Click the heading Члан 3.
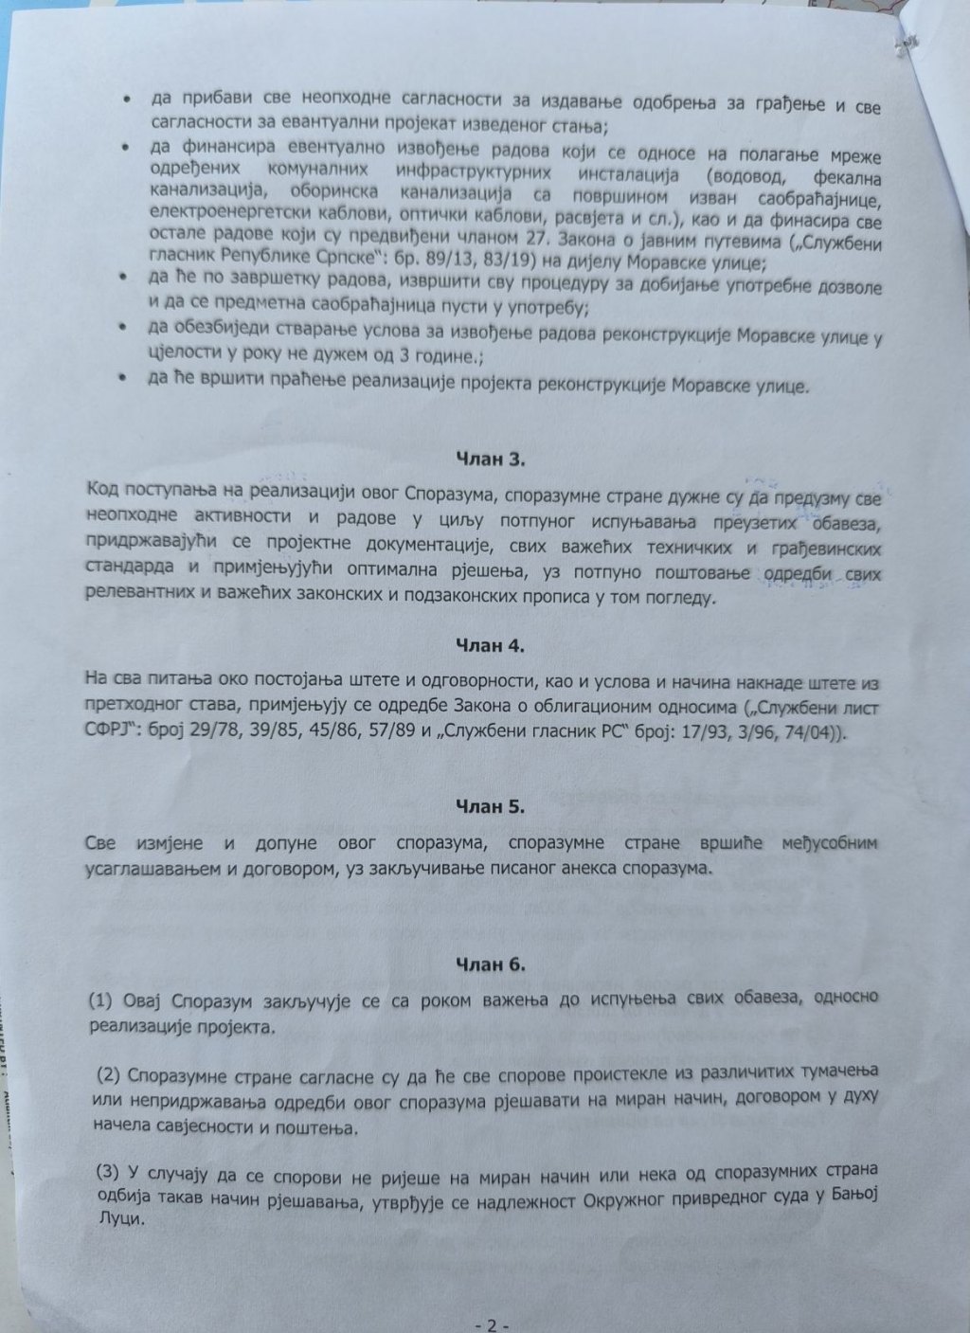tap(490, 459)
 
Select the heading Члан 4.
tap(491, 646)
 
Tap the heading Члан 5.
tap(491, 807)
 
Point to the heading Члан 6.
tap(491, 965)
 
